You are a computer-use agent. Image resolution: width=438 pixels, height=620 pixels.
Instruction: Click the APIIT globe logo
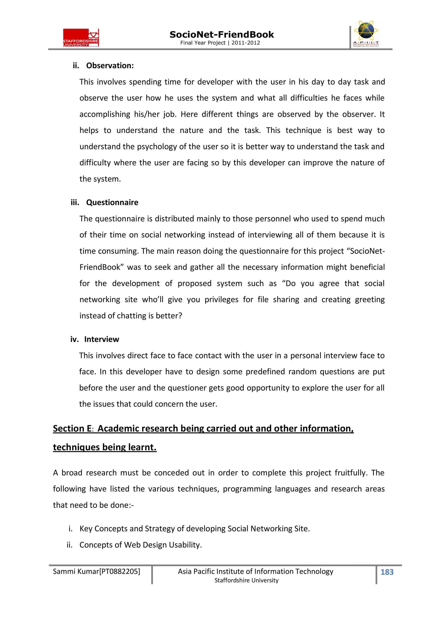(x=366, y=34)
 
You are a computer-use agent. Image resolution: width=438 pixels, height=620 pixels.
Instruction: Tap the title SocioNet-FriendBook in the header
(x=222, y=35)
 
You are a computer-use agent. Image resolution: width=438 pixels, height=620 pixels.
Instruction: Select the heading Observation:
(x=110, y=66)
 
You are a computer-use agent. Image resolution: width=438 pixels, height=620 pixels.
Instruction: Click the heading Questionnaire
(x=112, y=202)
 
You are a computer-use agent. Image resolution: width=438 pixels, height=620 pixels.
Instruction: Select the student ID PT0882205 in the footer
(x=120, y=571)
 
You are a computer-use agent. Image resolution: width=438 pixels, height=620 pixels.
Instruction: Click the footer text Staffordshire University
(x=246, y=580)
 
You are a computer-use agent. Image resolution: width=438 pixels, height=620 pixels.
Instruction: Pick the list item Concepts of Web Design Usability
(x=141, y=545)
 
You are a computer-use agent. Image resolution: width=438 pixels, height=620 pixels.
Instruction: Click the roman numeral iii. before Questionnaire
(x=75, y=202)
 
